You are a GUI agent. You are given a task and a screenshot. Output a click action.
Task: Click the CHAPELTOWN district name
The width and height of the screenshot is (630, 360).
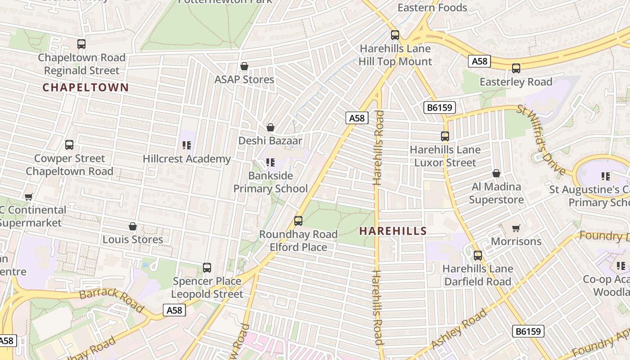tap(85, 87)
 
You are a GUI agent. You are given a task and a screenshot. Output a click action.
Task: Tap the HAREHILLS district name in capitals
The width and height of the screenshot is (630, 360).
tap(393, 231)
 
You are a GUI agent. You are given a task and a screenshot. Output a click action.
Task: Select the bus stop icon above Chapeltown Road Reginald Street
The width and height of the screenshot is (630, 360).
tap(81, 44)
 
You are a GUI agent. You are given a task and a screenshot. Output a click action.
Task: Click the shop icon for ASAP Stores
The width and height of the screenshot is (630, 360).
tap(244, 67)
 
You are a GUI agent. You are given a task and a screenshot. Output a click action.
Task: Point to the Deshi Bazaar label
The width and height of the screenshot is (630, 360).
tap(270, 140)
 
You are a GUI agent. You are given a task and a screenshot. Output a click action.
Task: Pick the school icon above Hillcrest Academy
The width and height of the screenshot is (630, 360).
tap(187, 145)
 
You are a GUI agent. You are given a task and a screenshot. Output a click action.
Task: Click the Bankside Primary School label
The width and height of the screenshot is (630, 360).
tap(270, 182)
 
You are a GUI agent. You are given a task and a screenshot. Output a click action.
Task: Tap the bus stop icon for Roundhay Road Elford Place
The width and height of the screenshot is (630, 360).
tap(298, 221)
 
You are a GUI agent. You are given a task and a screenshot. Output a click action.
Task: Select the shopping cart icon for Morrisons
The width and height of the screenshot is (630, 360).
tap(516, 228)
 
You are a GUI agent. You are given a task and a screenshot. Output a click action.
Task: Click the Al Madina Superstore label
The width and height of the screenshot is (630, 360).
tap(496, 193)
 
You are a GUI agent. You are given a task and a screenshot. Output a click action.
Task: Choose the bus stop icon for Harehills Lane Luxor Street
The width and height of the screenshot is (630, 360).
tap(445, 136)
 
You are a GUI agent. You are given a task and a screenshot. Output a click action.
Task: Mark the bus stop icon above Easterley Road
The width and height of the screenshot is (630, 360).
tap(516, 68)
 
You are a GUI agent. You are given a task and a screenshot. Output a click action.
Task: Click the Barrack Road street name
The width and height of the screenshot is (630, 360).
tap(112, 301)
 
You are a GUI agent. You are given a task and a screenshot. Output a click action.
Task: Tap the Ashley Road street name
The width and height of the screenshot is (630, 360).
tap(459, 329)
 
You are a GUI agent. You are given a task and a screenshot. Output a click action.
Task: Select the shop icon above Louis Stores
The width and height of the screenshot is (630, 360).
tap(133, 226)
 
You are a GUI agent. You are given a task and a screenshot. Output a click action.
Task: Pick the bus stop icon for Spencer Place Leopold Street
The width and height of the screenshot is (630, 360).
tap(207, 268)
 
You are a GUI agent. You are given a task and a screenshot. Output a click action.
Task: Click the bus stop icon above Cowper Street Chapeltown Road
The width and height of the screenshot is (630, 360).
tap(69, 145)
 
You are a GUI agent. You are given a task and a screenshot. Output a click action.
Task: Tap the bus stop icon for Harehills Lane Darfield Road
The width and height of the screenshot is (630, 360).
tap(478, 256)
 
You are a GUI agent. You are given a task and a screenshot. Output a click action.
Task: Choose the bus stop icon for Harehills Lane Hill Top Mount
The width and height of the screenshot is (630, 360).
tap(395, 35)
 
